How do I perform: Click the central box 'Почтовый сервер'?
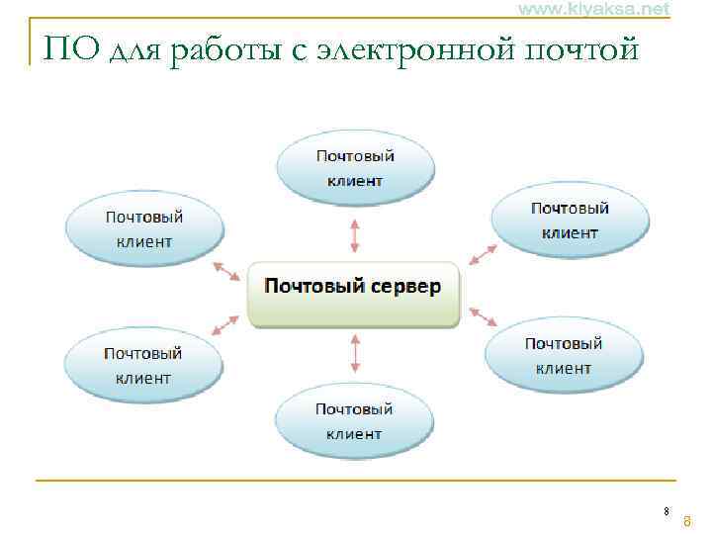pyautogui.click(x=353, y=293)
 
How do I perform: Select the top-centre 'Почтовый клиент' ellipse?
pyautogui.click(x=355, y=168)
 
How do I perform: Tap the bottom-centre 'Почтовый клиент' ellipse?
pyautogui.click(x=354, y=420)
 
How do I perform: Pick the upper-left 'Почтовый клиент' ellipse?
pyautogui.click(x=144, y=228)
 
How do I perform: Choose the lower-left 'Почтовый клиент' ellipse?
pyautogui.click(x=143, y=365)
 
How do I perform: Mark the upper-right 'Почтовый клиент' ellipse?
pyautogui.click(x=570, y=221)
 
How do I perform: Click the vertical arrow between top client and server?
pyautogui.click(x=355, y=236)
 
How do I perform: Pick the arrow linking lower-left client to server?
pyautogui.click(x=225, y=323)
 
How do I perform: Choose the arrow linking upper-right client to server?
pyautogui.click(x=484, y=253)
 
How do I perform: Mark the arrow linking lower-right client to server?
pyautogui.click(x=482, y=316)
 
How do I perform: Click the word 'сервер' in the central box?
pyautogui.click(x=406, y=286)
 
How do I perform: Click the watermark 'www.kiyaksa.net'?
pyautogui.click(x=593, y=9)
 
